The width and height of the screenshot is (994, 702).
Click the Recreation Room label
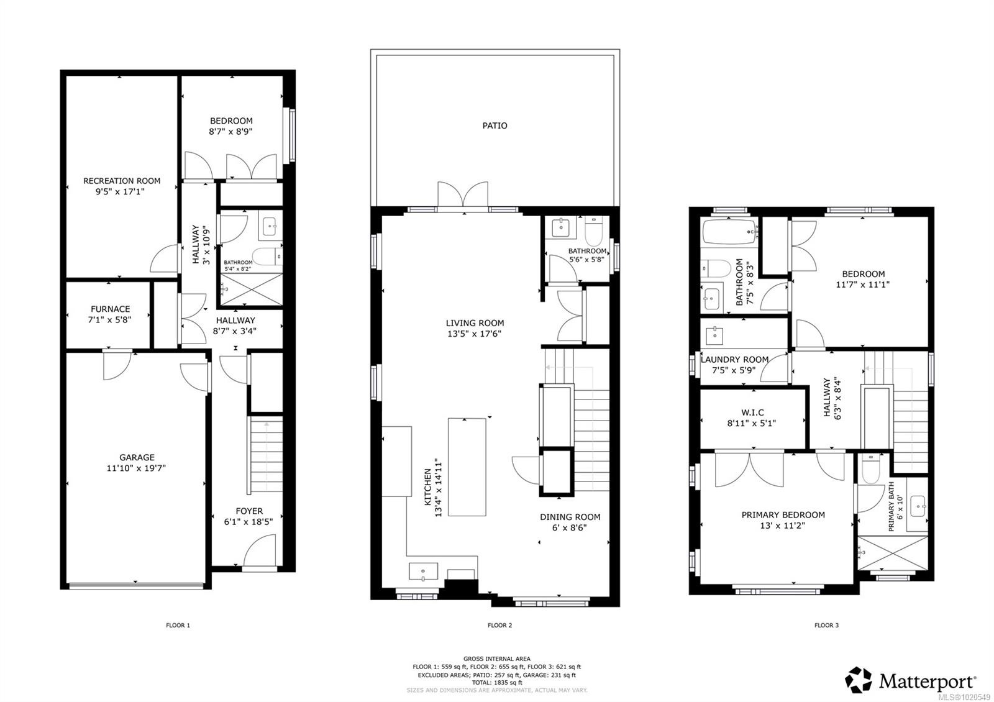pyautogui.click(x=122, y=181)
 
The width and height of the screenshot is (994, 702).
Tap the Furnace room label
pyautogui.click(x=110, y=309)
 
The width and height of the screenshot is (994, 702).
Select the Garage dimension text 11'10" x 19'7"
pyautogui.click(x=137, y=468)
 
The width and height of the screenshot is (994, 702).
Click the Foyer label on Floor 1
pyautogui.click(x=249, y=511)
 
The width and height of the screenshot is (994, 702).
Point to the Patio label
pyautogui.click(x=495, y=125)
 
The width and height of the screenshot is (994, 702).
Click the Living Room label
pyautogui.click(x=475, y=323)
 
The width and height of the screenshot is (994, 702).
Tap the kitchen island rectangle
pyautogui.click(x=467, y=467)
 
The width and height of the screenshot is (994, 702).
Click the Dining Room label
pyautogui.click(x=570, y=517)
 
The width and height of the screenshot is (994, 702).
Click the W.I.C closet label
pyautogui.click(x=752, y=413)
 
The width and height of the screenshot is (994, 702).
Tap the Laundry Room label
pyautogui.click(x=734, y=360)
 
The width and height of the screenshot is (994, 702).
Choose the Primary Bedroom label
pyautogui.click(x=783, y=514)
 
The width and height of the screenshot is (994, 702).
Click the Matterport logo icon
pyautogui.click(x=859, y=680)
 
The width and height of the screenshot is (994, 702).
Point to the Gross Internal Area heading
pyautogui.click(x=496, y=659)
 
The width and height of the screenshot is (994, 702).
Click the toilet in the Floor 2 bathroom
pyautogui.click(x=593, y=230)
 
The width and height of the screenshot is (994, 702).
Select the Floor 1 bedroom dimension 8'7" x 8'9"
pyautogui.click(x=231, y=132)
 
